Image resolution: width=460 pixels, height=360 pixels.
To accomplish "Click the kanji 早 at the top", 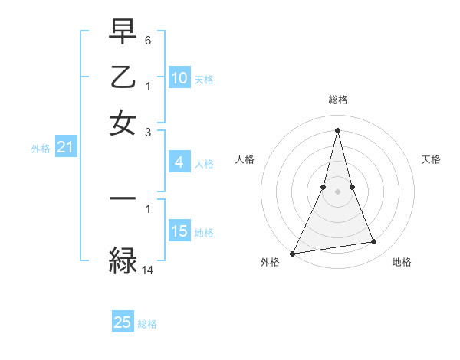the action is click(x=123, y=32).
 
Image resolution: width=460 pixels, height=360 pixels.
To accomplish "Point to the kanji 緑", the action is click(x=123, y=259).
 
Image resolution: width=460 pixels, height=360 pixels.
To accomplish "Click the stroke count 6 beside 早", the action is click(x=148, y=38).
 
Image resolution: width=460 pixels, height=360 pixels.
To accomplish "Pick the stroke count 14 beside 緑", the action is click(x=148, y=270).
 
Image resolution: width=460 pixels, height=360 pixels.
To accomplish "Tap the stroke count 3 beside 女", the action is click(x=148, y=132).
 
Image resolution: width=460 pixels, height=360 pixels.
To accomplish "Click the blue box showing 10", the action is click(x=179, y=78).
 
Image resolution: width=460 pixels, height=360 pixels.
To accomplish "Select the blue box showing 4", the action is click(x=179, y=162).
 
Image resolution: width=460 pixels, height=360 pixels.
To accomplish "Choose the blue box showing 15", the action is click(x=179, y=231).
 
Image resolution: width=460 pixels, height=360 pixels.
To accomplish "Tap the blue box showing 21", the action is click(x=65, y=147).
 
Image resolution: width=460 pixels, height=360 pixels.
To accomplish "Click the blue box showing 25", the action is click(x=123, y=322).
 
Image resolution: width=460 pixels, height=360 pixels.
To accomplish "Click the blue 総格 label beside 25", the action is click(x=147, y=324).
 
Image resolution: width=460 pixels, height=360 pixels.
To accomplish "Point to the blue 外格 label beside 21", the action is click(x=41, y=149).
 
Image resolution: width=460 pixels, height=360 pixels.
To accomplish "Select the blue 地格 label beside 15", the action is click(x=204, y=232).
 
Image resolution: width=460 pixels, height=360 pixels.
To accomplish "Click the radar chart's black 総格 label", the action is click(x=337, y=100).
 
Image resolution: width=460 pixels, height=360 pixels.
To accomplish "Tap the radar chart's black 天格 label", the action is click(x=431, y=159).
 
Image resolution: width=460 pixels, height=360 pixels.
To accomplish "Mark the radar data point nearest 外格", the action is click(x=293, y=253).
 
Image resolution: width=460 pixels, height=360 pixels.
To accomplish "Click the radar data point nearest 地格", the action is click(x=374, y=242).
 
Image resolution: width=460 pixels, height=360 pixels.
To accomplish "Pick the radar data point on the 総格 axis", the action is click(x=337, y=130).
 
